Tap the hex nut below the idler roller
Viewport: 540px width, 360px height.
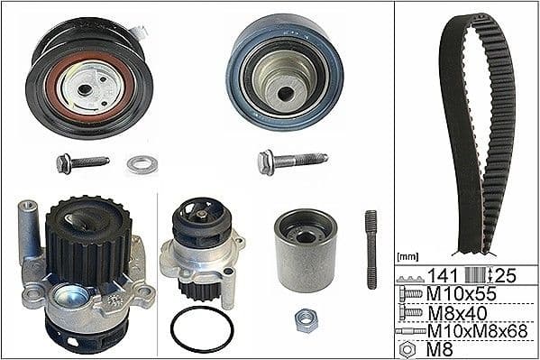(306, 318)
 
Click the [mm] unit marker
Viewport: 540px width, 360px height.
(407, 258)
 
